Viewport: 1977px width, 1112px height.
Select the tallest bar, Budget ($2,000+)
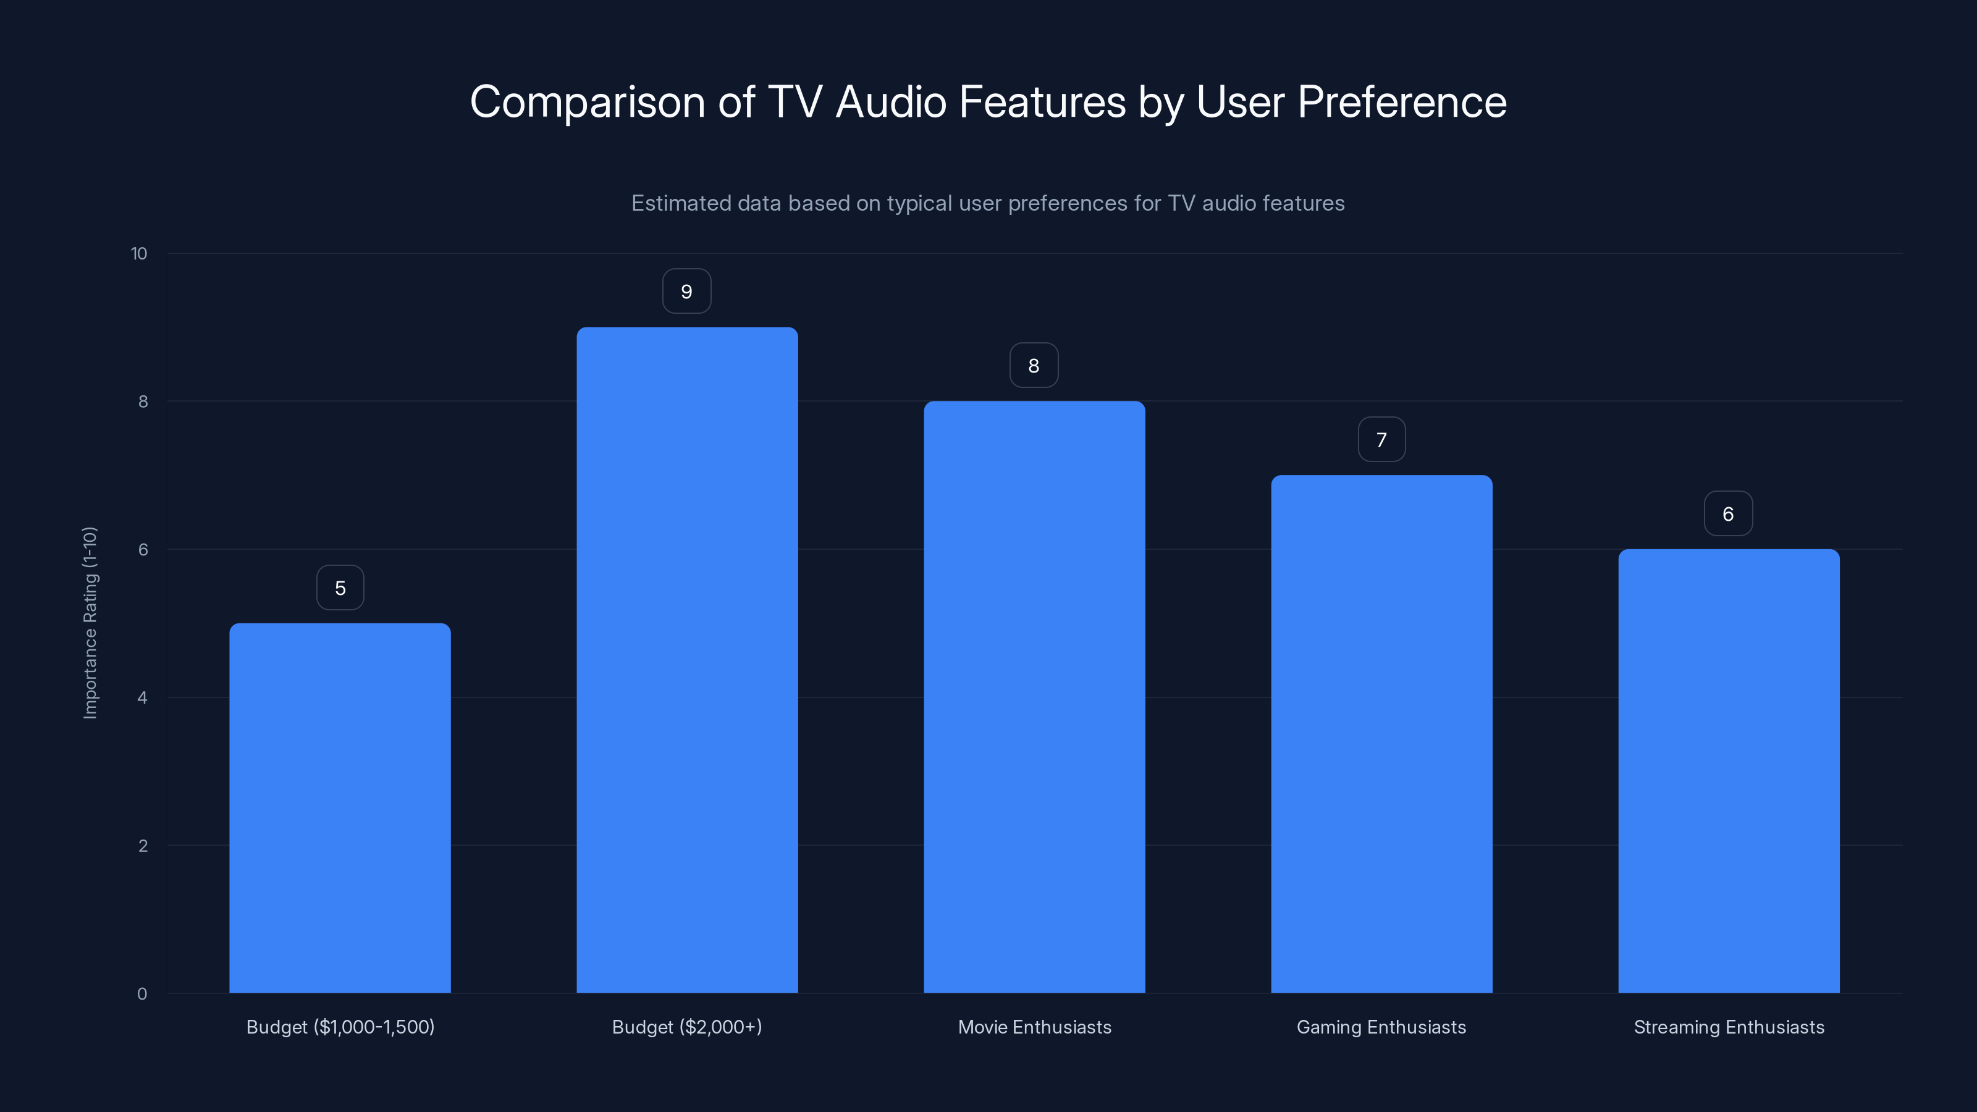[687, 660]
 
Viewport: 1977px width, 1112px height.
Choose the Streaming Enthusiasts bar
[1729, 770]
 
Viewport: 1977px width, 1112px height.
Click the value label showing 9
[687, 292]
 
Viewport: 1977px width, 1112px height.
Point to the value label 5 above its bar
[340, 588]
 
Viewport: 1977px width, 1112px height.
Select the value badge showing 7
[1381, 440]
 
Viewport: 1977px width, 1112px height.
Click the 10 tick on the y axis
[139, 254]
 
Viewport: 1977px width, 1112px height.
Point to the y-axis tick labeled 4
[143, 697]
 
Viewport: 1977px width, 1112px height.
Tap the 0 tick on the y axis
[142, 994]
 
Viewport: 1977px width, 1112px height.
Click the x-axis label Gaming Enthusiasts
[1381, 1027]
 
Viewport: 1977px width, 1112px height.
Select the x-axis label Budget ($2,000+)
[687, 1027]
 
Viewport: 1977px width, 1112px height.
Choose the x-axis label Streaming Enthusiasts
[1729, 1027]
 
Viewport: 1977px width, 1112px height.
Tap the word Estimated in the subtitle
[680, 203]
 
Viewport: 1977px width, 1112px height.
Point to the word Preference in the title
[1401, 102]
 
